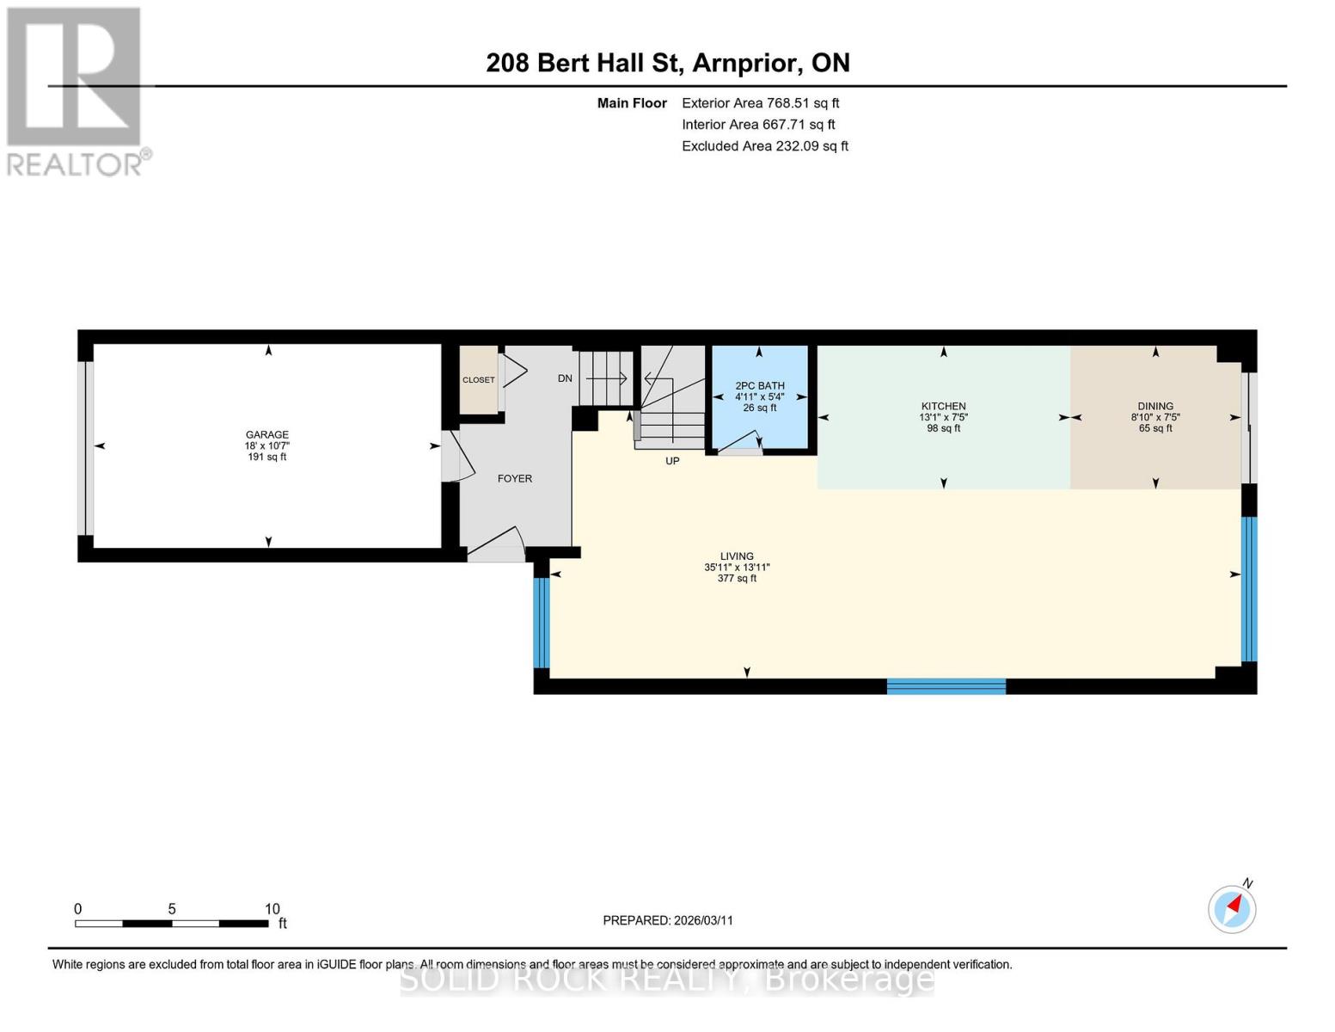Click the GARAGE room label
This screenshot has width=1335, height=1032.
266,434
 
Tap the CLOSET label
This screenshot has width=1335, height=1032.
479,380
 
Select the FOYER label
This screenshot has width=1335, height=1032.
515,478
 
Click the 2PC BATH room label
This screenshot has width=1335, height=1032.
760,386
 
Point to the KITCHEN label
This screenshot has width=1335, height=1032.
943,406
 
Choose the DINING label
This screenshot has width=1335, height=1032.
1155,406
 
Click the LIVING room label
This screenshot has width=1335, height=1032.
737,556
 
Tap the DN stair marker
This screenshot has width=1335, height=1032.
565,378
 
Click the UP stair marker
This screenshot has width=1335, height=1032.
672,461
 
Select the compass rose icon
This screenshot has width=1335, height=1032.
1232,909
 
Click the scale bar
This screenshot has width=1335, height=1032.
172,924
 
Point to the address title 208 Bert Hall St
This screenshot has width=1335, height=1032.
668,63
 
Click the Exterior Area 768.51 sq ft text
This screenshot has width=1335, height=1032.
760,103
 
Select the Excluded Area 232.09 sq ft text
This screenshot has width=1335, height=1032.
765,146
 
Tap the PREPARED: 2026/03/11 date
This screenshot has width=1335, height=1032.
668,920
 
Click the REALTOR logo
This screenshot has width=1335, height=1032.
75,90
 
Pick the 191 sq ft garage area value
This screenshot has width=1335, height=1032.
266,458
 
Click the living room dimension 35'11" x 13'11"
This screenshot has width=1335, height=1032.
737,568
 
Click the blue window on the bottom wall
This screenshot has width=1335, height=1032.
946,686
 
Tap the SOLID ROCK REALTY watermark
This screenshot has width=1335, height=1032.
667,980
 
